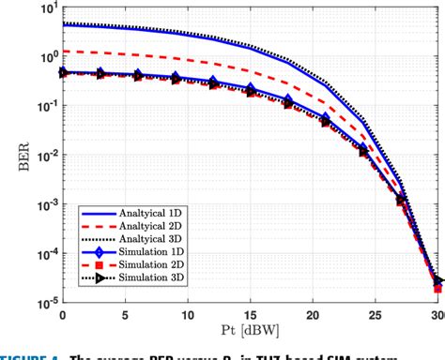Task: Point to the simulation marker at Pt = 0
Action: click(x=63, y=72)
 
